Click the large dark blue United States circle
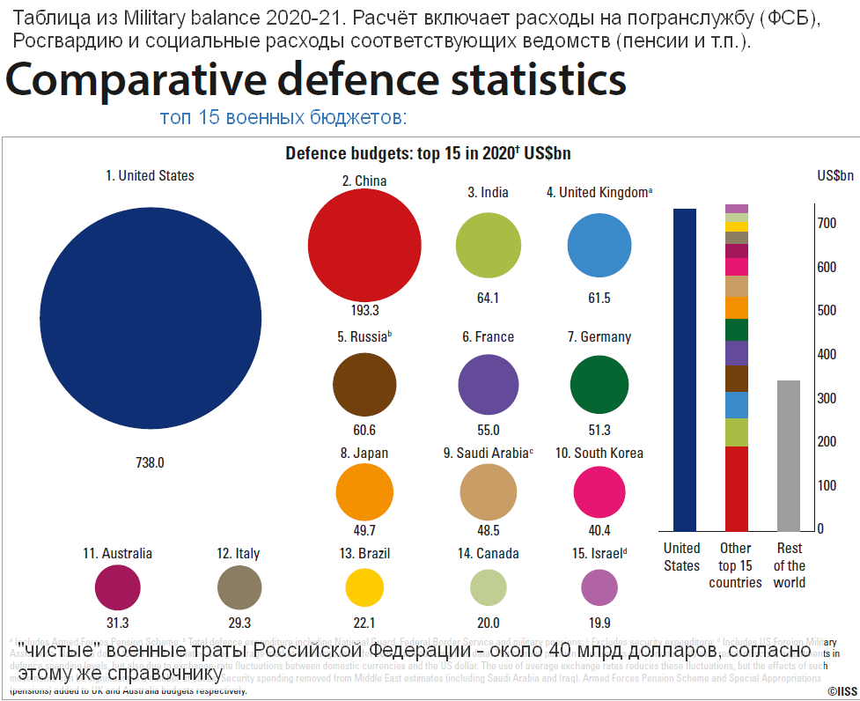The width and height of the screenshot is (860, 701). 151,325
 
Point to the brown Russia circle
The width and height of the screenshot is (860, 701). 363,385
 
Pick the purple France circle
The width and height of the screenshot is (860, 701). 489,385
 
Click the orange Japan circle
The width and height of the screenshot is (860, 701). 364,491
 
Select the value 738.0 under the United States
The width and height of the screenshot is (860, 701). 150,462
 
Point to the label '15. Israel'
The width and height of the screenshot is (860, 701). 599,554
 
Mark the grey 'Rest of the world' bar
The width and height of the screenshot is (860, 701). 789,456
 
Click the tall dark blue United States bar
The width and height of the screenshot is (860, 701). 684,370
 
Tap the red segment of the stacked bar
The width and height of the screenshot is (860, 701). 736,489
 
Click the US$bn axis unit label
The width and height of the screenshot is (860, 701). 834,175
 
